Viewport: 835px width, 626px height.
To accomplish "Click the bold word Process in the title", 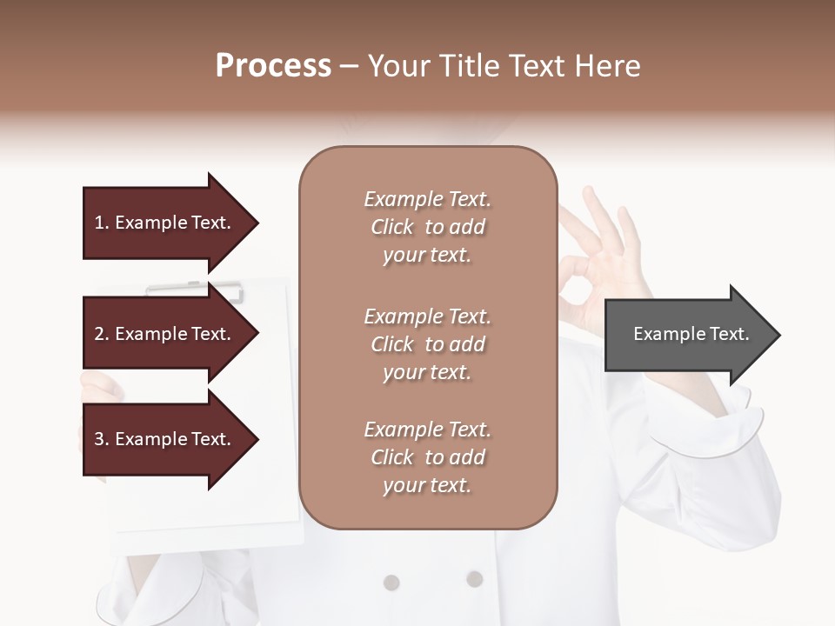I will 273,66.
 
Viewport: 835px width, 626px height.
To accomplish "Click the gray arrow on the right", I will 687,335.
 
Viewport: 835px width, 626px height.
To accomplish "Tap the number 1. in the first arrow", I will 101,223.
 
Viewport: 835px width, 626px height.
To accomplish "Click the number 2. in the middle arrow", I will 101,334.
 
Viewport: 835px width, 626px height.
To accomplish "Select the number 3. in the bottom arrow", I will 101,439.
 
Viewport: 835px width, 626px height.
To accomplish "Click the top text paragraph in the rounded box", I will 427,227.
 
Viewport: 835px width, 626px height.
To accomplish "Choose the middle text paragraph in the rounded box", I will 427,344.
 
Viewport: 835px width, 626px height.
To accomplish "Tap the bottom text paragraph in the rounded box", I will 427,457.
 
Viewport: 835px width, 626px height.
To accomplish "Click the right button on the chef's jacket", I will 474,578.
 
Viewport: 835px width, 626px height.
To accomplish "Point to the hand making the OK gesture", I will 600,261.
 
